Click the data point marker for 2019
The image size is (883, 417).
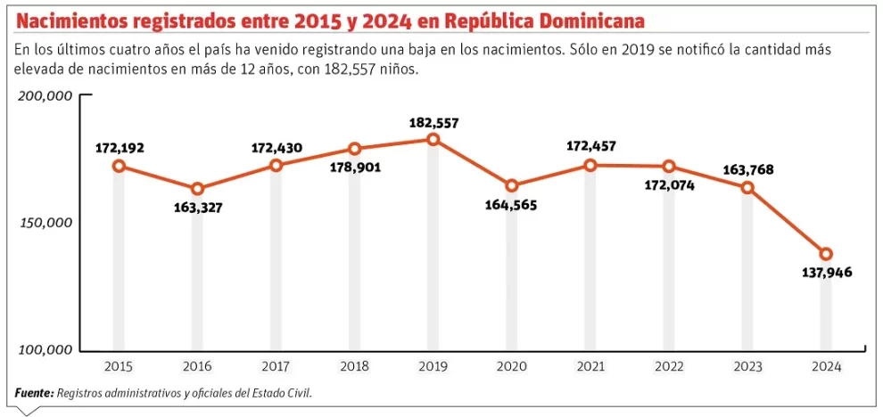(433, 139)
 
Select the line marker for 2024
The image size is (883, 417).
(826, 254)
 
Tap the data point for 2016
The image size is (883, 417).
(197, 189)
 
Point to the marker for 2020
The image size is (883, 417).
(511, 186)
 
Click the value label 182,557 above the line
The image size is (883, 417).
(433, 123)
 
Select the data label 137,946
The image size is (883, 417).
(826, 273)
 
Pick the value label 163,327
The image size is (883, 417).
(197, 208)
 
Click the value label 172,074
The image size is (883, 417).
(669, 185)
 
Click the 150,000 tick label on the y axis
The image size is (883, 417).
(45, 223)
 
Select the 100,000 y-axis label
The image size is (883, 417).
(45, 350)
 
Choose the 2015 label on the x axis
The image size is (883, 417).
(119, 366)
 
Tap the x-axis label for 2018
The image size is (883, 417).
(354, 366)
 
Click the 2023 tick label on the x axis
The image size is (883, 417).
(747, 366)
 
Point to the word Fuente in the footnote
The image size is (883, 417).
(32, 393)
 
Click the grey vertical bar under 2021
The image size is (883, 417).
(590, 267)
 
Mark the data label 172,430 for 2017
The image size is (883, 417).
(276, 148)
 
